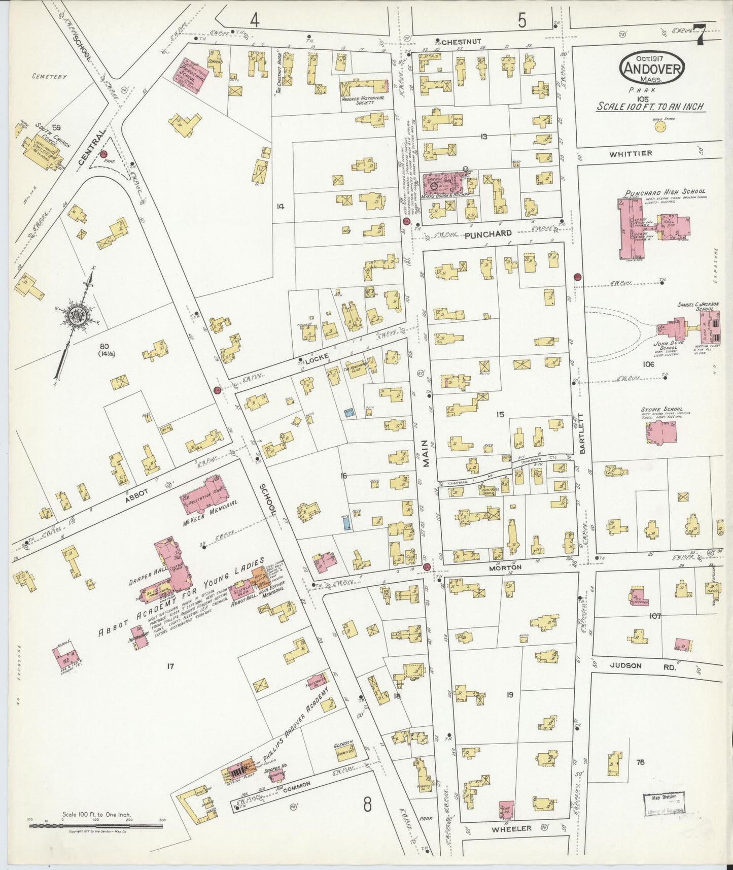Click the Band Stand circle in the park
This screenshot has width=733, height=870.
660,126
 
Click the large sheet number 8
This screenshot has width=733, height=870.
368,805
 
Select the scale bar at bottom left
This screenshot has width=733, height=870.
96,826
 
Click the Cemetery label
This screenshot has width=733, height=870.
49,77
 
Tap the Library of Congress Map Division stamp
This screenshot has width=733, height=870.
664,806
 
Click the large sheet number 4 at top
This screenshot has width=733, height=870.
255,20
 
